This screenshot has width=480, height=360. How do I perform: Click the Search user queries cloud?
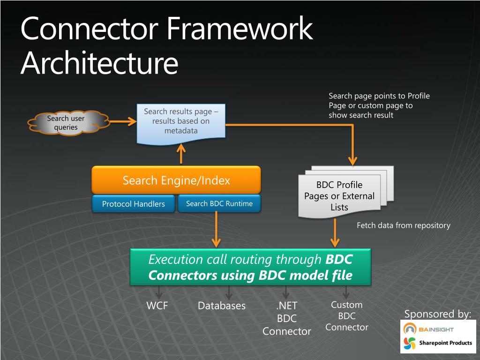pyautogui.click(x=66, y=123)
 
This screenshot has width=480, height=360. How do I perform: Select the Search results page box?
pyautogui.click(x=180, y=121)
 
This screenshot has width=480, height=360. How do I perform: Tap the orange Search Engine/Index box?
pyautogui.click(x=176, y=180)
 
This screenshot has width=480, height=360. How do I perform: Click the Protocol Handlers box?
pyautogui.click(x=134, y=204)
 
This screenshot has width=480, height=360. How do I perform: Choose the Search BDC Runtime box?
pyautogui.click(x=219, y=203)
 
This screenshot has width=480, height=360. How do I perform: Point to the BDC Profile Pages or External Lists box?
pyautogui.click(x=339, y=196)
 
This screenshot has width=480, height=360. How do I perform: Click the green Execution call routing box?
pyautogui.click(x=250, y=267)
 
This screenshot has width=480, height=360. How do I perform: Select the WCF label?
pyautogui.click(x=157, y=306)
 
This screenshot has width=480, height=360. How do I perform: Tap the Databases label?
pyautogui.click(x=222, y=306)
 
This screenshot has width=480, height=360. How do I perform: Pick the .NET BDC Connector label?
pyautogui.click(x=286, y=319)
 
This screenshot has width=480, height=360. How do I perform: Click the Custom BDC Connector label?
pyautogui.click(x=347, y=316)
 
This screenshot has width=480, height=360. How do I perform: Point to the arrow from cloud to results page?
pyautogui.click(x=122, y=122)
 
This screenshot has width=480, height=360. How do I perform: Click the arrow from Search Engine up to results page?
pyautogui.click(x=181, y=154)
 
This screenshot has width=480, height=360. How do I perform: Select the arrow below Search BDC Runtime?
pyautogui.click(x=216, y=230)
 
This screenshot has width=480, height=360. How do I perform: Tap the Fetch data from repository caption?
pyautogui.click(x=403, y=225)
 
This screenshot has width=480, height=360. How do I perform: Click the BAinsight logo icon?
pyautogui.click(x=410, y=329)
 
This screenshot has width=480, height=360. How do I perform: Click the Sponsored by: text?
pyautogui.click(x=437, y=314)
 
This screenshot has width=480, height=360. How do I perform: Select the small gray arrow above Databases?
pyautogui.click(x=229, y=293)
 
